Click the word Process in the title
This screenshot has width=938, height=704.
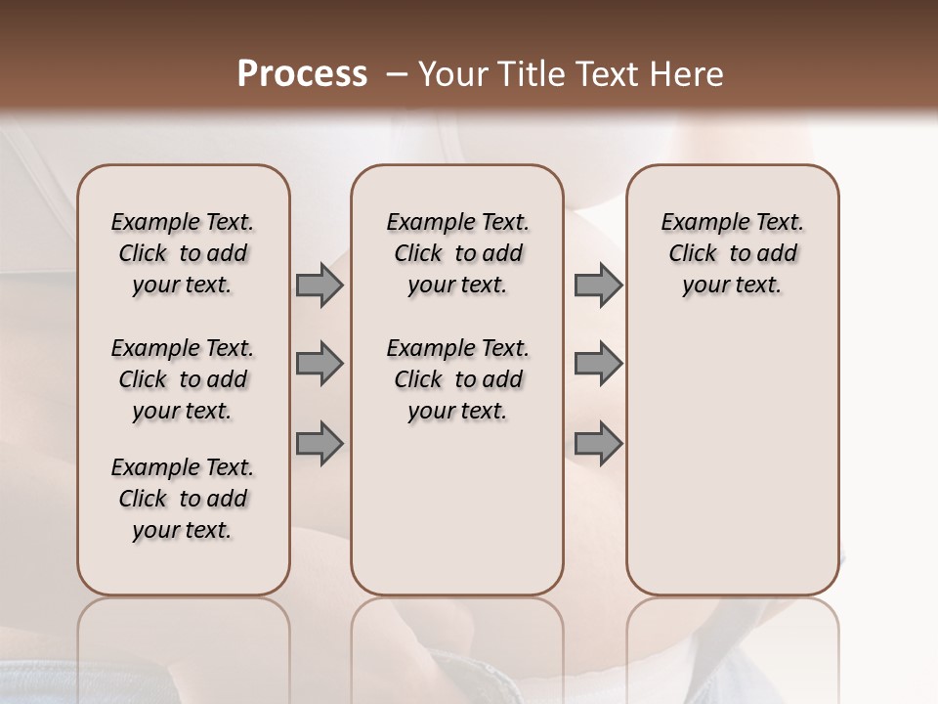(x=302, y=74)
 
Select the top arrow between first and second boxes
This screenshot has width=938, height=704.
(x=320, y=286)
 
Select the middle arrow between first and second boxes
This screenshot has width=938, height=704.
(x=320, y=364)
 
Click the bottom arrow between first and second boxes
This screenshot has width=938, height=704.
(x=320, y=443)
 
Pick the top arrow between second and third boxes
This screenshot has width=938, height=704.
(x=598, y=286)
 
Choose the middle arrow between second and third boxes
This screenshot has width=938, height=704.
(x=598, y=364)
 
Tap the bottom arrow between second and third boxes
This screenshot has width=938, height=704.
(x=598, y=443)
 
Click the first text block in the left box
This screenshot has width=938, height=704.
(x=183, y=253)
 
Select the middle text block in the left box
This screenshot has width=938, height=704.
(x=183, y=379)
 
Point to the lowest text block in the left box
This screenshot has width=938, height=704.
(x=183, y=499)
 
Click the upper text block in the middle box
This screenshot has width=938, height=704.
(x=457, y=253)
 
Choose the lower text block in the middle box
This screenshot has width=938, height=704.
(x=457, y=379)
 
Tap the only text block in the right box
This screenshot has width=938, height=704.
(x=732, y=253)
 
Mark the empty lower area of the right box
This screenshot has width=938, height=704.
(x=732, y=460)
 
